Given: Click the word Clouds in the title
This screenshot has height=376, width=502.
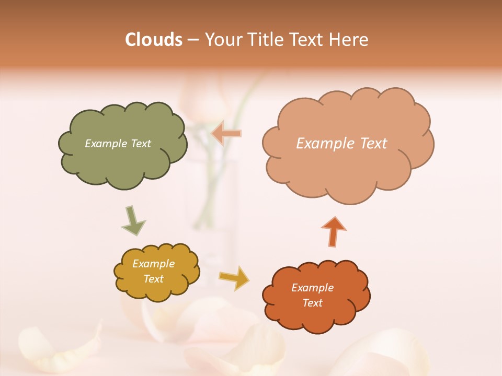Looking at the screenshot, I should click(153, 40).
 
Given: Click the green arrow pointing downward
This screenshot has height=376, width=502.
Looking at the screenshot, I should click(133, 220).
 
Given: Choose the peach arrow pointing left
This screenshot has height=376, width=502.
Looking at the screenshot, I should click(226, 133).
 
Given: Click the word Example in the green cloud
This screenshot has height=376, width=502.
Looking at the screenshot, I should click(105, 144).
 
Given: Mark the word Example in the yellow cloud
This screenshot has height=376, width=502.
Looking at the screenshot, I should click(154, 264).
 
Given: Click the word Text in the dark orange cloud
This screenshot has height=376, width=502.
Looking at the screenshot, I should click(312, 303).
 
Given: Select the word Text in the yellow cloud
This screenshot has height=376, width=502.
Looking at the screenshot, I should click(154, 279).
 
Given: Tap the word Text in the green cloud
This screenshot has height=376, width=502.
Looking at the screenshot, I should click(140, 144).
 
